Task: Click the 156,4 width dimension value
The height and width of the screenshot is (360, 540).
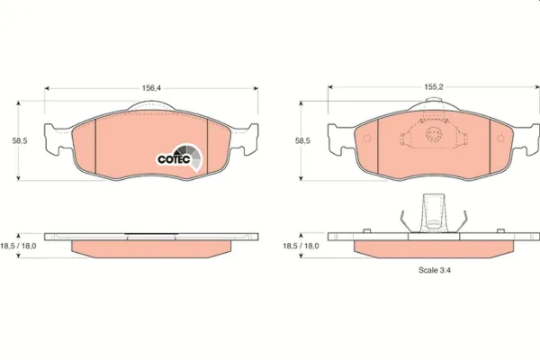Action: click(151, 88)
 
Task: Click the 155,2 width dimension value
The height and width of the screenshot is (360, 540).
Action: click(434, 87)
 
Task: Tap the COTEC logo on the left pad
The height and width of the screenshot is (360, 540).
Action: click(179, 157)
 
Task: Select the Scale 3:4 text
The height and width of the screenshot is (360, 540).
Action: click(435, 270)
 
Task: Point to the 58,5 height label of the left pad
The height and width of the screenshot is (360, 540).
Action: click(20, 141)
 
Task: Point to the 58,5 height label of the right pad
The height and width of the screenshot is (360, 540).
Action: click(302, 141)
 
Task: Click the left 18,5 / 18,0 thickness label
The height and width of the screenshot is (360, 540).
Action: click(18, 247)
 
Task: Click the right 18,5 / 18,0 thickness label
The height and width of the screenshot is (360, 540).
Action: click(301, 247)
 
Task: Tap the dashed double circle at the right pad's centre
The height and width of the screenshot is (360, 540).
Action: click(433, 134)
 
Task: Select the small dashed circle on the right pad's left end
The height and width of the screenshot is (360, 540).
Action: click(367, 138)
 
